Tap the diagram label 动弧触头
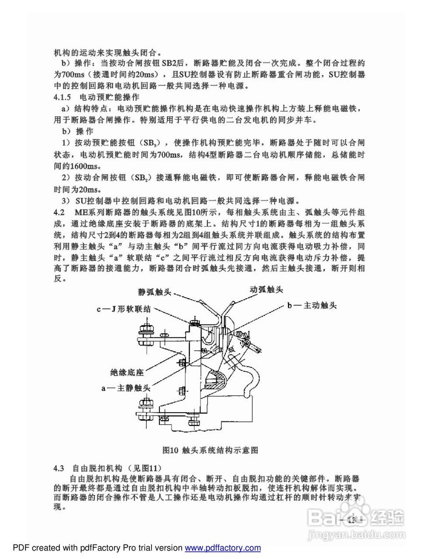coord(266,290)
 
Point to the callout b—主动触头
coord(311,305)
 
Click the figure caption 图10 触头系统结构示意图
coord(210,450)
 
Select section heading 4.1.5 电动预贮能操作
coord(97,97)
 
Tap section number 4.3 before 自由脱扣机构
coord(59,469)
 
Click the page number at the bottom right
coord(352,520)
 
